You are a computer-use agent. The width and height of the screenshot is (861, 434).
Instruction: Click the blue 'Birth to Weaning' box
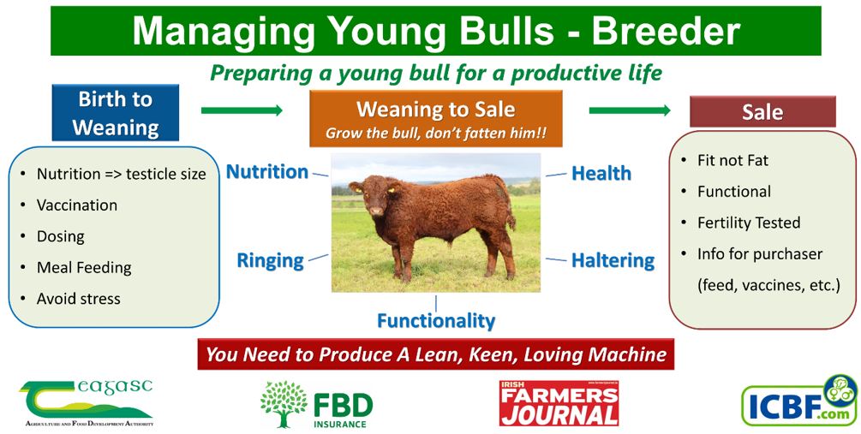[116, 113]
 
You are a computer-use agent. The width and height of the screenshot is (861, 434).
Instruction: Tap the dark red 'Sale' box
[762, 112]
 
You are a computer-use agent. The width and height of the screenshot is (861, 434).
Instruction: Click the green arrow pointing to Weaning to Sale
[242, 110]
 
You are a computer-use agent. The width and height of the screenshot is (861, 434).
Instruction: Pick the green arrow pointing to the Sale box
[630, 110]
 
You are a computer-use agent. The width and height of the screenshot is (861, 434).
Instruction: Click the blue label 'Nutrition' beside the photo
[266, 172]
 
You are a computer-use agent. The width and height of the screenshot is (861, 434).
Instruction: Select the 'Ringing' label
[270, 260]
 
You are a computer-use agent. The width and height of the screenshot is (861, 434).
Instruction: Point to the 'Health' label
[601, 173]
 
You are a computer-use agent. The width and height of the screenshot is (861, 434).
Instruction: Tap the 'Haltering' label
[613, 260]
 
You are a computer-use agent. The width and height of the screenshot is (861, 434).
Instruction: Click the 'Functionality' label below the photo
[436, 321]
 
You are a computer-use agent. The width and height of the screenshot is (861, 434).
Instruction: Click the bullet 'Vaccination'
[77, 205]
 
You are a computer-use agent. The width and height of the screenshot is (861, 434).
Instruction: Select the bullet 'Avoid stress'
[78, 299]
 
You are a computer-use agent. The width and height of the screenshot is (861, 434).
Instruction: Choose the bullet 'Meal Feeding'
[84, 268]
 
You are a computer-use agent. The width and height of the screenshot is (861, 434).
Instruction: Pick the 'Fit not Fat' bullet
[732, 161]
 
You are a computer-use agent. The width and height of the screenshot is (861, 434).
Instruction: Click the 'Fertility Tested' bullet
[748, 223]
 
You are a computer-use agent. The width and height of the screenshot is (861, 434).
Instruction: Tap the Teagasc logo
[87, 401]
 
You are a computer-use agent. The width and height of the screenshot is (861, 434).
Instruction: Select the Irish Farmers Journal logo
[559, 403]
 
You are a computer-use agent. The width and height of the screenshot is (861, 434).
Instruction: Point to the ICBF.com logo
[797, 400]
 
